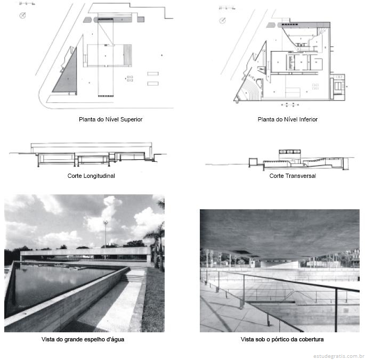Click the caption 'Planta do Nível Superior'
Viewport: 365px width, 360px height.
coord(111,119)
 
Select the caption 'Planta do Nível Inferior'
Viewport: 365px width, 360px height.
coord(288,119)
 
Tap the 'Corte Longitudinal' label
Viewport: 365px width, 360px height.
coord(91,176)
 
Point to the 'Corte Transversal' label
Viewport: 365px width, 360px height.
coord(293,176)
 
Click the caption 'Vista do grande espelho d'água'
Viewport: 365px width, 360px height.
coord(83,339)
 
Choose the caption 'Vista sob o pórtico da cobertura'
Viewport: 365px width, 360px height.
coord(282,339)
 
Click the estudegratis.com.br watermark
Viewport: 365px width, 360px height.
coord(339,356)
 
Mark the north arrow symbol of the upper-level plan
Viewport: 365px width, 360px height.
coord(22,15)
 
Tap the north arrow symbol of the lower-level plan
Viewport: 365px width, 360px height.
coord(222,20)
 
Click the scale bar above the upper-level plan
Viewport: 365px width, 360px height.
coord(27,4)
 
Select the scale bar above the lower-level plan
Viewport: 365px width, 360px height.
coord(227,8)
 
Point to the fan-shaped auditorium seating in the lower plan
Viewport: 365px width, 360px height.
coord(250,89)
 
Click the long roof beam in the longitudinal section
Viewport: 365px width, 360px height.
coord(91,145)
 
